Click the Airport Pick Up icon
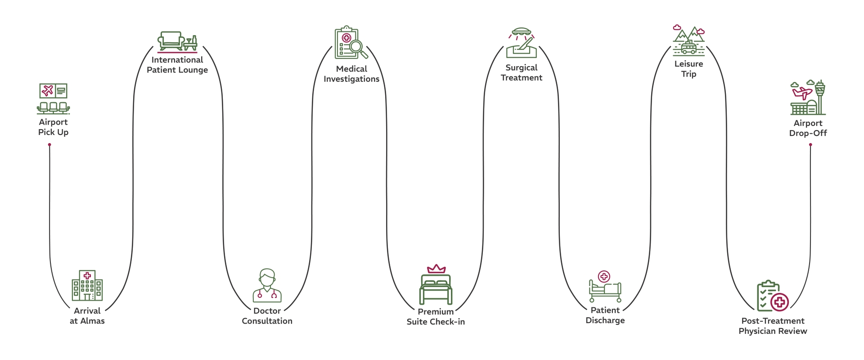(53, 98)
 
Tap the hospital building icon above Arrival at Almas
(87, 286)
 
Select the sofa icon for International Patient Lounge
(171, 40)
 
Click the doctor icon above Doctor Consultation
(267, 286)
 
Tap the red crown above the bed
(436, 269)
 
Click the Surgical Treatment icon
(522, 43)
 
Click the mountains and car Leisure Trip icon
(688, 40)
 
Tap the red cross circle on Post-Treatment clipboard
(780, 302)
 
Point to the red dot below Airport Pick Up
(49, 145)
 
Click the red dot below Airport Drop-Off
(810, 145)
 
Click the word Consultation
(267, 321)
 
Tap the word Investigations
(351, 79)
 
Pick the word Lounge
(193, 70)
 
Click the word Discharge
(605, 320)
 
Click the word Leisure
(688, 64)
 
